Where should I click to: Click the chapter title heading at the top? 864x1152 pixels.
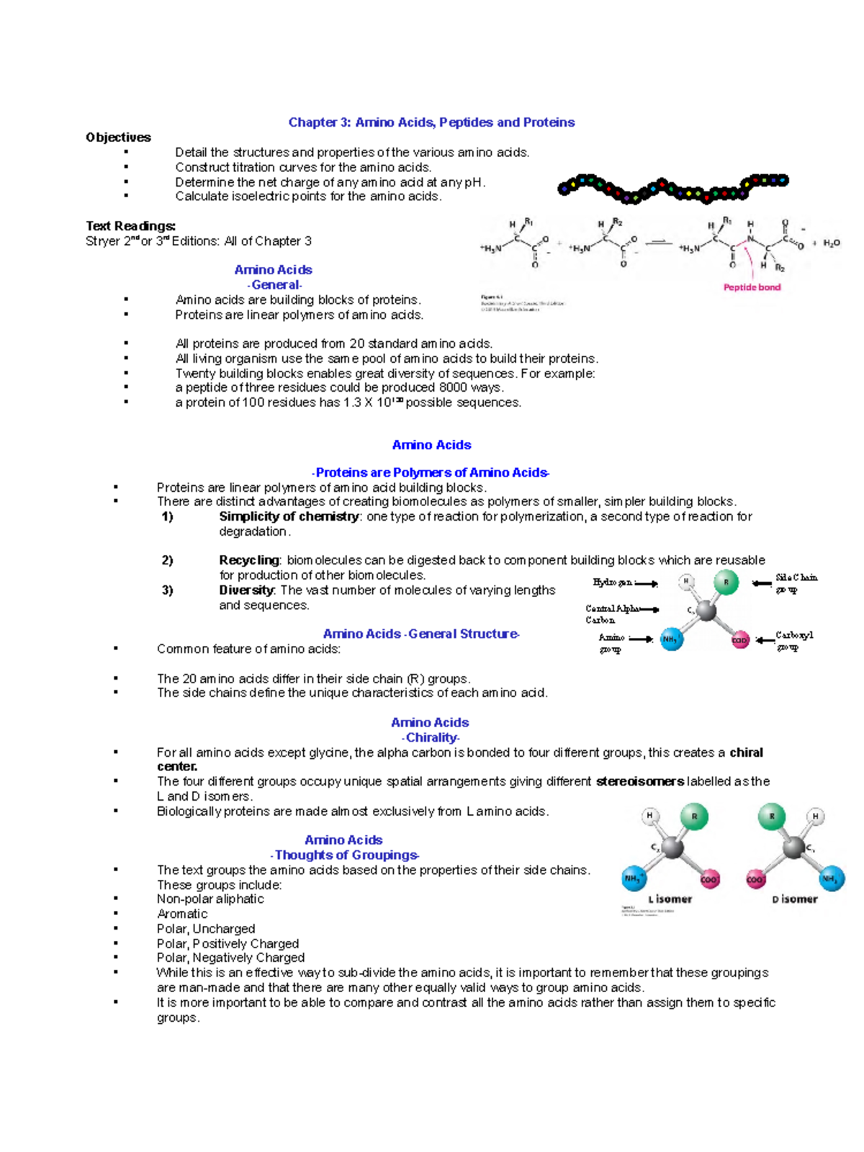431,122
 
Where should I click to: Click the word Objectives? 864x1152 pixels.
118,138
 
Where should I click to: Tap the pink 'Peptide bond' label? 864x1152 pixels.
752,287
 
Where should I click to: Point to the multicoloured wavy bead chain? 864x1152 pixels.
672,188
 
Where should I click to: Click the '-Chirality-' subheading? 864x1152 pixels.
431,737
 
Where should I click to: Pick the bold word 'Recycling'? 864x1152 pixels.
249,560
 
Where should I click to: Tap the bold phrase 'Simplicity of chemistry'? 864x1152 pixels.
289,516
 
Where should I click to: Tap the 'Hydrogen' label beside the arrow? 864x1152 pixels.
613,582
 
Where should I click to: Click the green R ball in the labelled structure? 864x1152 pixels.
726,582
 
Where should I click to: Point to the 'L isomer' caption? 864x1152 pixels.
670,899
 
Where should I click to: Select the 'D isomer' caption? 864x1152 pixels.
794,899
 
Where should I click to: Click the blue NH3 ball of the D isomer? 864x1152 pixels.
831,878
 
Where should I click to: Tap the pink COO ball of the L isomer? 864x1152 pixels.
709,880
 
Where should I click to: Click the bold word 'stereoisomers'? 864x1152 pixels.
639,781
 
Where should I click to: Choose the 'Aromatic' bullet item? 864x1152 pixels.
182,914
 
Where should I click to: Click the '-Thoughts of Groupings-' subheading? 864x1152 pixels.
345,855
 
